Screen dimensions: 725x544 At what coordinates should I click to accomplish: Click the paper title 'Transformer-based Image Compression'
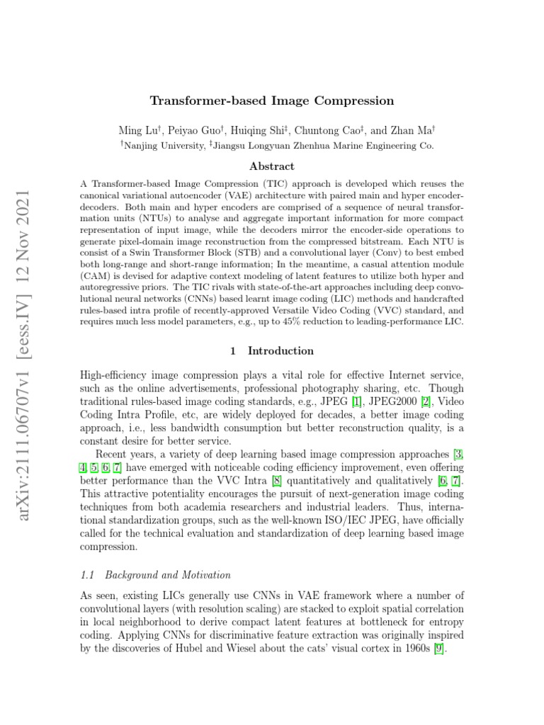click(x=271, y=101)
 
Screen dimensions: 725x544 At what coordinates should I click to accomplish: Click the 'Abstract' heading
click(x=271, y=166)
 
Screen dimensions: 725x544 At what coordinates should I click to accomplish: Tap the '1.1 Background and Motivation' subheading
click(x=157, y=574)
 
